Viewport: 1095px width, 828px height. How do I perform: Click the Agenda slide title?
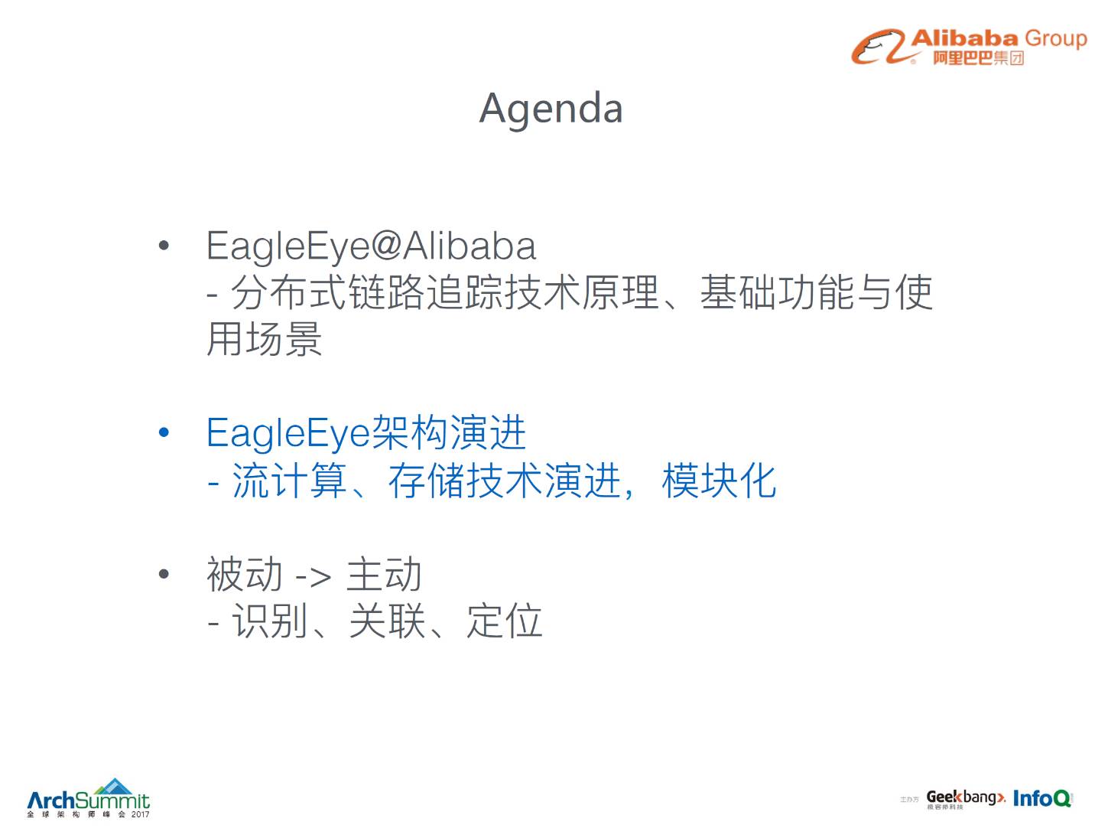[x=551, y=109]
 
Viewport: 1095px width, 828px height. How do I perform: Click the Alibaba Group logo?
[x=969, y=47]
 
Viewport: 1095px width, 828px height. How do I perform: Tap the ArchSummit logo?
[x=88, y=797]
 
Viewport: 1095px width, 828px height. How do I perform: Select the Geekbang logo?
[x=965, y=798]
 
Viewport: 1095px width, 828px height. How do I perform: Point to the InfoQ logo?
[x=1041, y=798]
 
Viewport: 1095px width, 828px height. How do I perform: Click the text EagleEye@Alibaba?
[x=371, y=246]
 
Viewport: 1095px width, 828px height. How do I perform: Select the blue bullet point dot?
[x=164, y=432]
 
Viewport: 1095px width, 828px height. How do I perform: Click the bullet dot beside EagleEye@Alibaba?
[x=164, y=245]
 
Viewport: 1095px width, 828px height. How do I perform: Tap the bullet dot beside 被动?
[x=164, y=574]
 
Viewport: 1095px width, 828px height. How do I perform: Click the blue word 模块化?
[x=719, y=480]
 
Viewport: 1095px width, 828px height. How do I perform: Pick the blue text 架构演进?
[x=449, y=432]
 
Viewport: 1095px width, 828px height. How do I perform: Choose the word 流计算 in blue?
[x=289, y=480]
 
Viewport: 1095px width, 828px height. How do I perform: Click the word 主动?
[x=384, y=574]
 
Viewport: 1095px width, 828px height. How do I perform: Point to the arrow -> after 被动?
[x=314, y=578]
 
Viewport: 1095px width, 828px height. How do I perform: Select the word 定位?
[x=505, y=621]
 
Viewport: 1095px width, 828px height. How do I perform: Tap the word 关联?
[x=387, y=621]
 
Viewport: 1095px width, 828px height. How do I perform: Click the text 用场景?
[x=265, y=339]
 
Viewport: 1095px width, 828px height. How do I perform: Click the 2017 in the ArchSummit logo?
[x=140, y=814]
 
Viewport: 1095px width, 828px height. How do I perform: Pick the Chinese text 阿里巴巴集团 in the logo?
[x=978, y=58]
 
